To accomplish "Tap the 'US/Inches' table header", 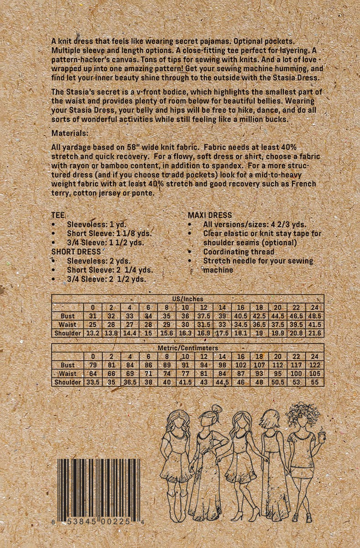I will [x=188, y=299].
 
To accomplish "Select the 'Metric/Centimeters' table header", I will [x=188, y=348].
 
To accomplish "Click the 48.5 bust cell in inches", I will [x=314, y=316].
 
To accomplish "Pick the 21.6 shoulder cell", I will [x=314, y=333].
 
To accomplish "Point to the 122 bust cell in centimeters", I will [x=314, y=365].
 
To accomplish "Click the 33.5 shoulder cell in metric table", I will [x=93, y=383].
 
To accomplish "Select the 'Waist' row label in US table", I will [x=68, y=325].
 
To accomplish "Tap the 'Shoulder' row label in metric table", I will [x=68, y=383].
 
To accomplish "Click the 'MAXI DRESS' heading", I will [x=210, y=215].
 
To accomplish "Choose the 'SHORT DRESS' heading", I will [x=76, y=252].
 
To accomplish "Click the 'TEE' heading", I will [x=58, y=215].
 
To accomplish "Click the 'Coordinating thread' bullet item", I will [x=239, y=252].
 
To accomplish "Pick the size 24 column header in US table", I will [x=314, y=307].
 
